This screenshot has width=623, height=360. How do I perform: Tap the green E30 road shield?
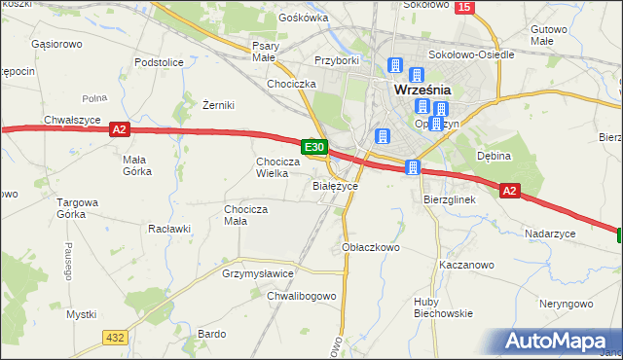click(x=313, y=147)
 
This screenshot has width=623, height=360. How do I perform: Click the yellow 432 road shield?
click(x=116, y=337)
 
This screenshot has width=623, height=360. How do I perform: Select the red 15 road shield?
click(x=464, y=8)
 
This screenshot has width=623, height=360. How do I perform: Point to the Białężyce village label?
click(x=336, y=185)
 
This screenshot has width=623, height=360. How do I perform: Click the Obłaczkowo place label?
click(x=372, y=247)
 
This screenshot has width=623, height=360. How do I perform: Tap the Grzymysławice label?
click(x=258, y=274)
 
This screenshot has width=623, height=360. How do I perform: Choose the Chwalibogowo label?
click(x=302, y=296)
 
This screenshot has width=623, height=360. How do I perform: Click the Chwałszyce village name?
click(x=73, y=120)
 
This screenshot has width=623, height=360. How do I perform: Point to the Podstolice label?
click(x=160, y=62)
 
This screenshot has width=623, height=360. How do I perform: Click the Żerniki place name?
click(x=219, y=105)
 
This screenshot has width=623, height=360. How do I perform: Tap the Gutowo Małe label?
click(x=549, y=36)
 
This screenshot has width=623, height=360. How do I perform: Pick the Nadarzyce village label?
click(x=550, y=234)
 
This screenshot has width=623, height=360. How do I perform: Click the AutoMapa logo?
click(x=559, y=341)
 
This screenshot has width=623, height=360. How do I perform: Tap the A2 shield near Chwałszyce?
click(x=119, y=128)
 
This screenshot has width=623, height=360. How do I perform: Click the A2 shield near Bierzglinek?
click(x=510, y=192)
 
